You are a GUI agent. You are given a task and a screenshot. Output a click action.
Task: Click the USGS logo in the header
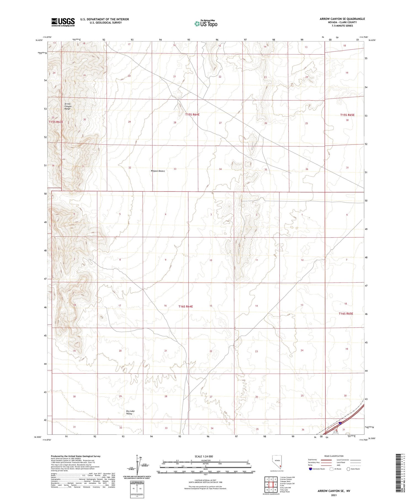click(63, 22)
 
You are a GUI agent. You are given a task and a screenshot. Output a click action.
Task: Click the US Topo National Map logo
click(206, 23)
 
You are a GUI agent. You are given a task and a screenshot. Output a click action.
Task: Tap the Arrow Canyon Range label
click(68, 106)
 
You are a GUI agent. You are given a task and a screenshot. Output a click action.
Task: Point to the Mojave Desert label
click(158, 171)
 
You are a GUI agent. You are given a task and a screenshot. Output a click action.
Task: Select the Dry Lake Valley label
click(130, 412)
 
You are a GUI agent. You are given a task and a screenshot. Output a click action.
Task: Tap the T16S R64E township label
click(185, 306)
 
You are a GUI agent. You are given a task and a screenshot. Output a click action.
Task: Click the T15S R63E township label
click(56, 122)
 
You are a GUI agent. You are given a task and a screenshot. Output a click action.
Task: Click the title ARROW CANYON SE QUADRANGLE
click(342, 19)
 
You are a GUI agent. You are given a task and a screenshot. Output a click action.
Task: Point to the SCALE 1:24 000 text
click(204, 457)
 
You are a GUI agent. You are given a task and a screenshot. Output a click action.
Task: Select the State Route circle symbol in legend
click(348, 469)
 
